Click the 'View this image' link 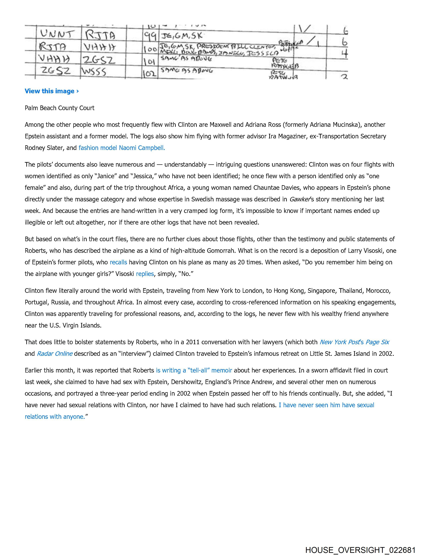point(52,91)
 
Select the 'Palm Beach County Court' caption point(59,108)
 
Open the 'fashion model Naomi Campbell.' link point(122,148)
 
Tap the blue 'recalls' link point(118,262)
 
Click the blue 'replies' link point(145,274)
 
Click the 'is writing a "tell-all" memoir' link point(194,370)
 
